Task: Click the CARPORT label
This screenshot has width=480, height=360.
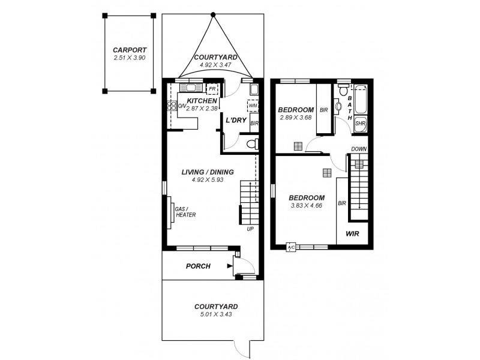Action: (130, 50)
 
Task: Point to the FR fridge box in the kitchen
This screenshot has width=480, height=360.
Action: (211, 89)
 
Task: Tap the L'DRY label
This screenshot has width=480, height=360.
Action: (236, 120)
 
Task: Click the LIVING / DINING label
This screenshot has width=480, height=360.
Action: (207, 172)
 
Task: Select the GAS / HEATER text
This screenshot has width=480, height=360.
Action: (185, 212)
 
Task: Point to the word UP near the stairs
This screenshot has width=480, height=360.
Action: (250, 229)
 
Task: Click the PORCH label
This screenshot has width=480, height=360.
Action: (198, 266)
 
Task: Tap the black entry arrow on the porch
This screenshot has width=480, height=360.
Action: (230, 265)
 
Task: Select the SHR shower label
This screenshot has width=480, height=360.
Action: (360, 124)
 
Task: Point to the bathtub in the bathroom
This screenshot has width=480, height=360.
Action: (360, 101)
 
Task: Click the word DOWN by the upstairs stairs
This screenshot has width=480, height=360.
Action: (359, 149)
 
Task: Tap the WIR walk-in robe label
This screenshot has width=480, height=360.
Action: (352, 234)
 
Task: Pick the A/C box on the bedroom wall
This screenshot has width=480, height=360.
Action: (291, 247)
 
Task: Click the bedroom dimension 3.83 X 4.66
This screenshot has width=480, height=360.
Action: (307, 205)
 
